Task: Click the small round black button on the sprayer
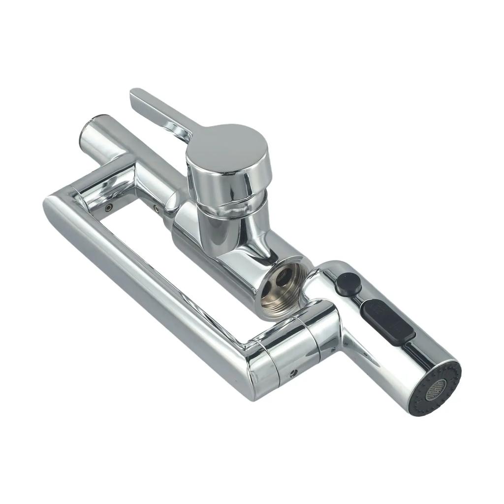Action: tap(347, 283)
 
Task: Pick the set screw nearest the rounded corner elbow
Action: tap(110, 208)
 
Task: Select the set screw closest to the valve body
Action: tap(156, 209)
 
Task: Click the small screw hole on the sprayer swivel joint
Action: tap(294, 373)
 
